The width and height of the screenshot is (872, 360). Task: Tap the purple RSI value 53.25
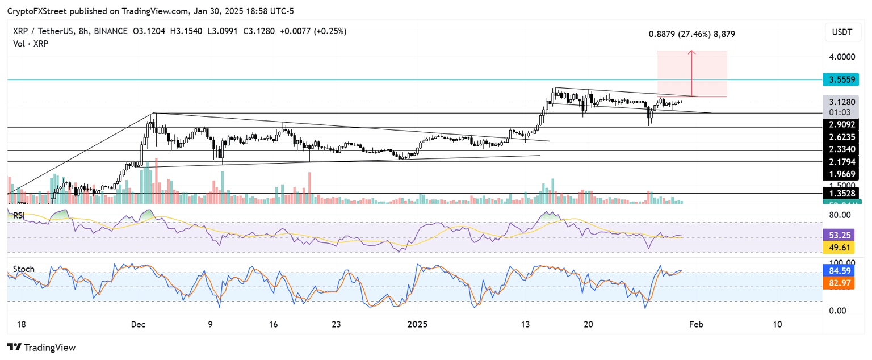click(x=838, y=233)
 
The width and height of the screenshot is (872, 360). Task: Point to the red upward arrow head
click(x=691, y=53)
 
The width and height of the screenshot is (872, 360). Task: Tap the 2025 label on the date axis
click(x=417, y=324)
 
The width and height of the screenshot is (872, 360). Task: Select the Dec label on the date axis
click(x=139, y=324)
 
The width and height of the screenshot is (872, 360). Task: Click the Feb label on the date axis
click(x=696, y=324)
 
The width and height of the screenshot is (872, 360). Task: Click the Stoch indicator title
click(x=23, y=269)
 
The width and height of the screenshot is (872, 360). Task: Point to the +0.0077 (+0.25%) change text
click(x=313, y=31)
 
